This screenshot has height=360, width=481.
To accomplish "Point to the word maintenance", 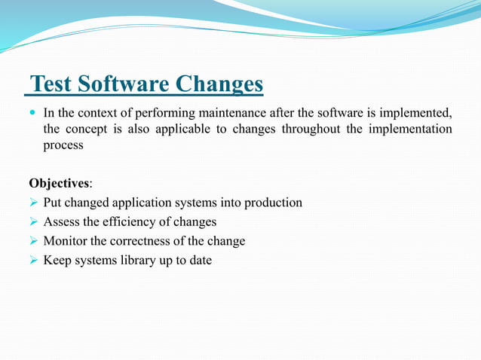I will coord(240,114).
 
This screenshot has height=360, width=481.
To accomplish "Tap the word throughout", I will coord(311,130).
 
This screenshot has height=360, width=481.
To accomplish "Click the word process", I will coord(63,145).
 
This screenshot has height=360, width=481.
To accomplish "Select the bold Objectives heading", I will coord(59,184).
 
